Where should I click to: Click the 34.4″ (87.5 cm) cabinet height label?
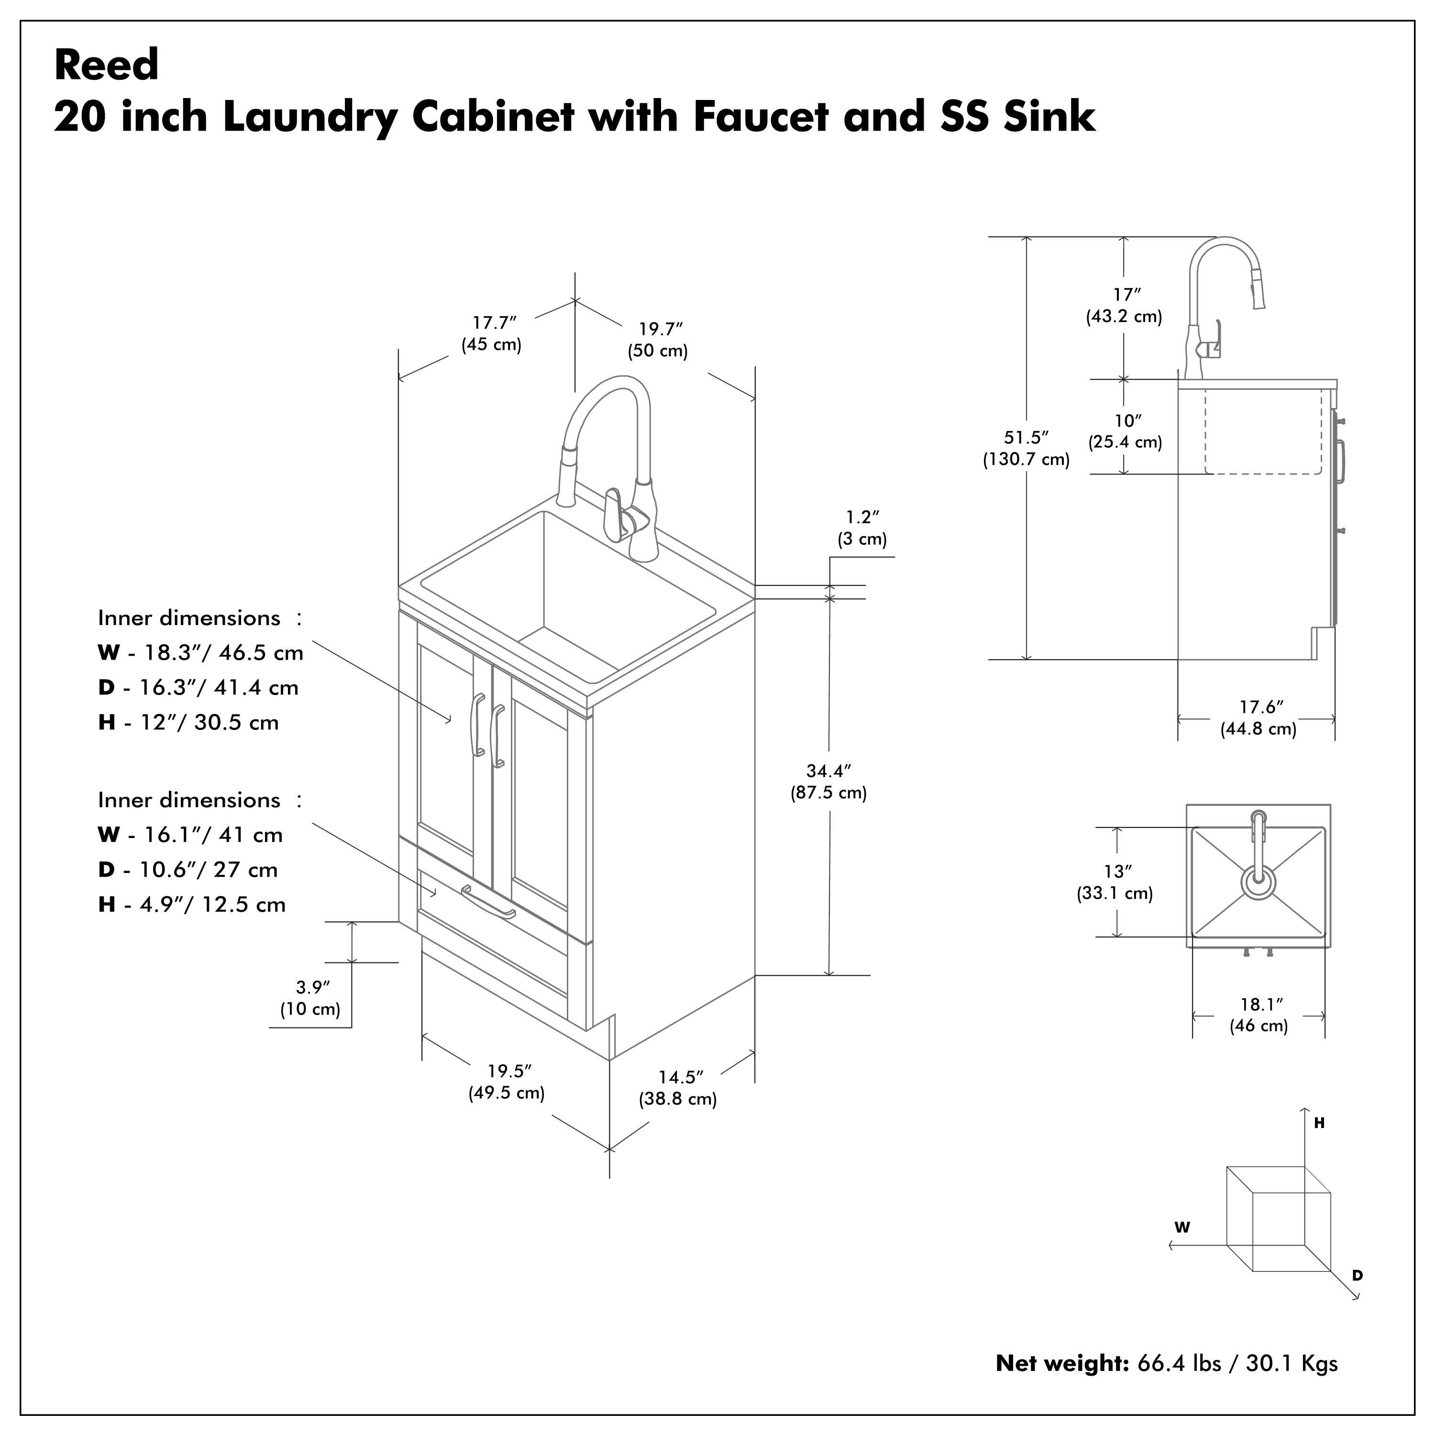tap(828, 782)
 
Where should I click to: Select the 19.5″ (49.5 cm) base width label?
tap(507, 1082)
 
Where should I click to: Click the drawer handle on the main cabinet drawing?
tap(488, 903)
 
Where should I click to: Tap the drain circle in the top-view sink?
tap(1258, 883)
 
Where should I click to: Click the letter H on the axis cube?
tap(1320, 1123)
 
